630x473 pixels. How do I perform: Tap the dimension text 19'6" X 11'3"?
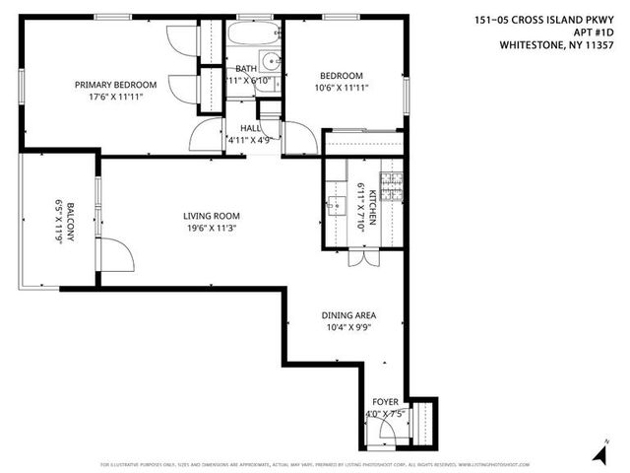tap(211, 229)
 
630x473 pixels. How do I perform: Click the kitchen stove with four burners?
tap(393, 187)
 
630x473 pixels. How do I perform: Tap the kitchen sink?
tap(337, 205)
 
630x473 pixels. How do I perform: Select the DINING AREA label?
tap(348, 316)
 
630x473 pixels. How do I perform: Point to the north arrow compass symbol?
tap(598, 452)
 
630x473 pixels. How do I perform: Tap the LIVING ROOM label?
tap(211, 216)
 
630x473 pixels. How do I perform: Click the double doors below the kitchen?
tap(361, 259)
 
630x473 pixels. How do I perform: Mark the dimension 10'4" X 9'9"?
tap(348, 329)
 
